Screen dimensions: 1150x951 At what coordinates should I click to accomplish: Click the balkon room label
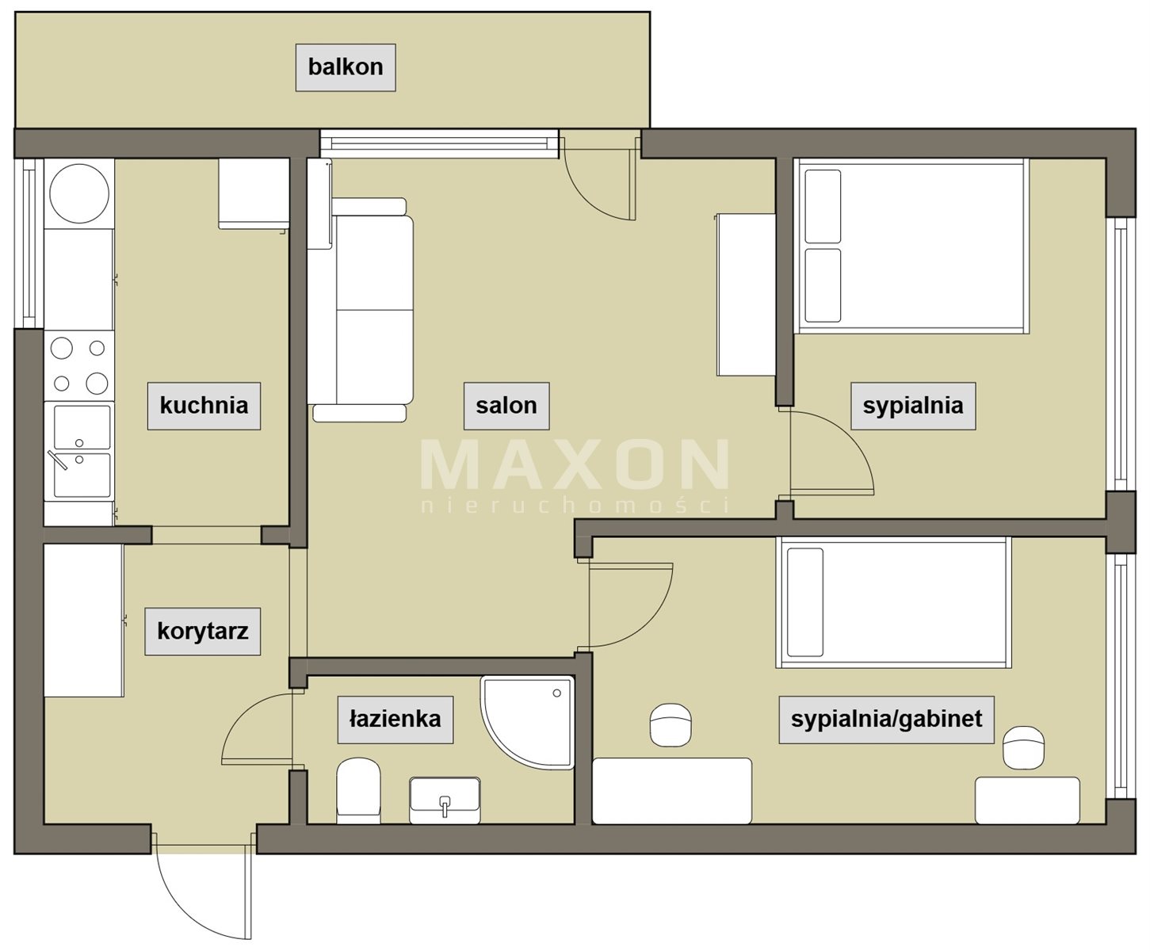(x=346, y=67)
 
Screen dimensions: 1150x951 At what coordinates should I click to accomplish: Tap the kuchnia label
(x=204, y=406)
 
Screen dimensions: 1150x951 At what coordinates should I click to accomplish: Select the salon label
(x=506, y=406)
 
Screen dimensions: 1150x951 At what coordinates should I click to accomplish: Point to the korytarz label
(x=203, y=632)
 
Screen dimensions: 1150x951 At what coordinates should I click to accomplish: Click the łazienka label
(x=395, y=720)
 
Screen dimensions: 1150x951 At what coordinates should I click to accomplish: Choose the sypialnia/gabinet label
(x=886, y=720)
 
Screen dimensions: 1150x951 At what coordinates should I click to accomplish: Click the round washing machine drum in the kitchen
(x=79, y=193)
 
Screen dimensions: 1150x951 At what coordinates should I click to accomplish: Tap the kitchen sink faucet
(x=58, y=460)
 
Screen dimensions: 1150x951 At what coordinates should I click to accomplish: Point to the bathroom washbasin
(x=445, y=800)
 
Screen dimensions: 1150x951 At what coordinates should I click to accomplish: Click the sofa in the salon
(x=361, y=310)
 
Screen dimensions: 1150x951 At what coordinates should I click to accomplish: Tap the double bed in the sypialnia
(x=911, y=246)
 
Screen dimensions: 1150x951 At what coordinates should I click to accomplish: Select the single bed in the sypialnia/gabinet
(x=893, y=602)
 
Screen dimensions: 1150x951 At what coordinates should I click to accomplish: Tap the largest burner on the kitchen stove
(x=97, y=384)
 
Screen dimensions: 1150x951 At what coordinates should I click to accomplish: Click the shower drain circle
(x=557, y=693)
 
